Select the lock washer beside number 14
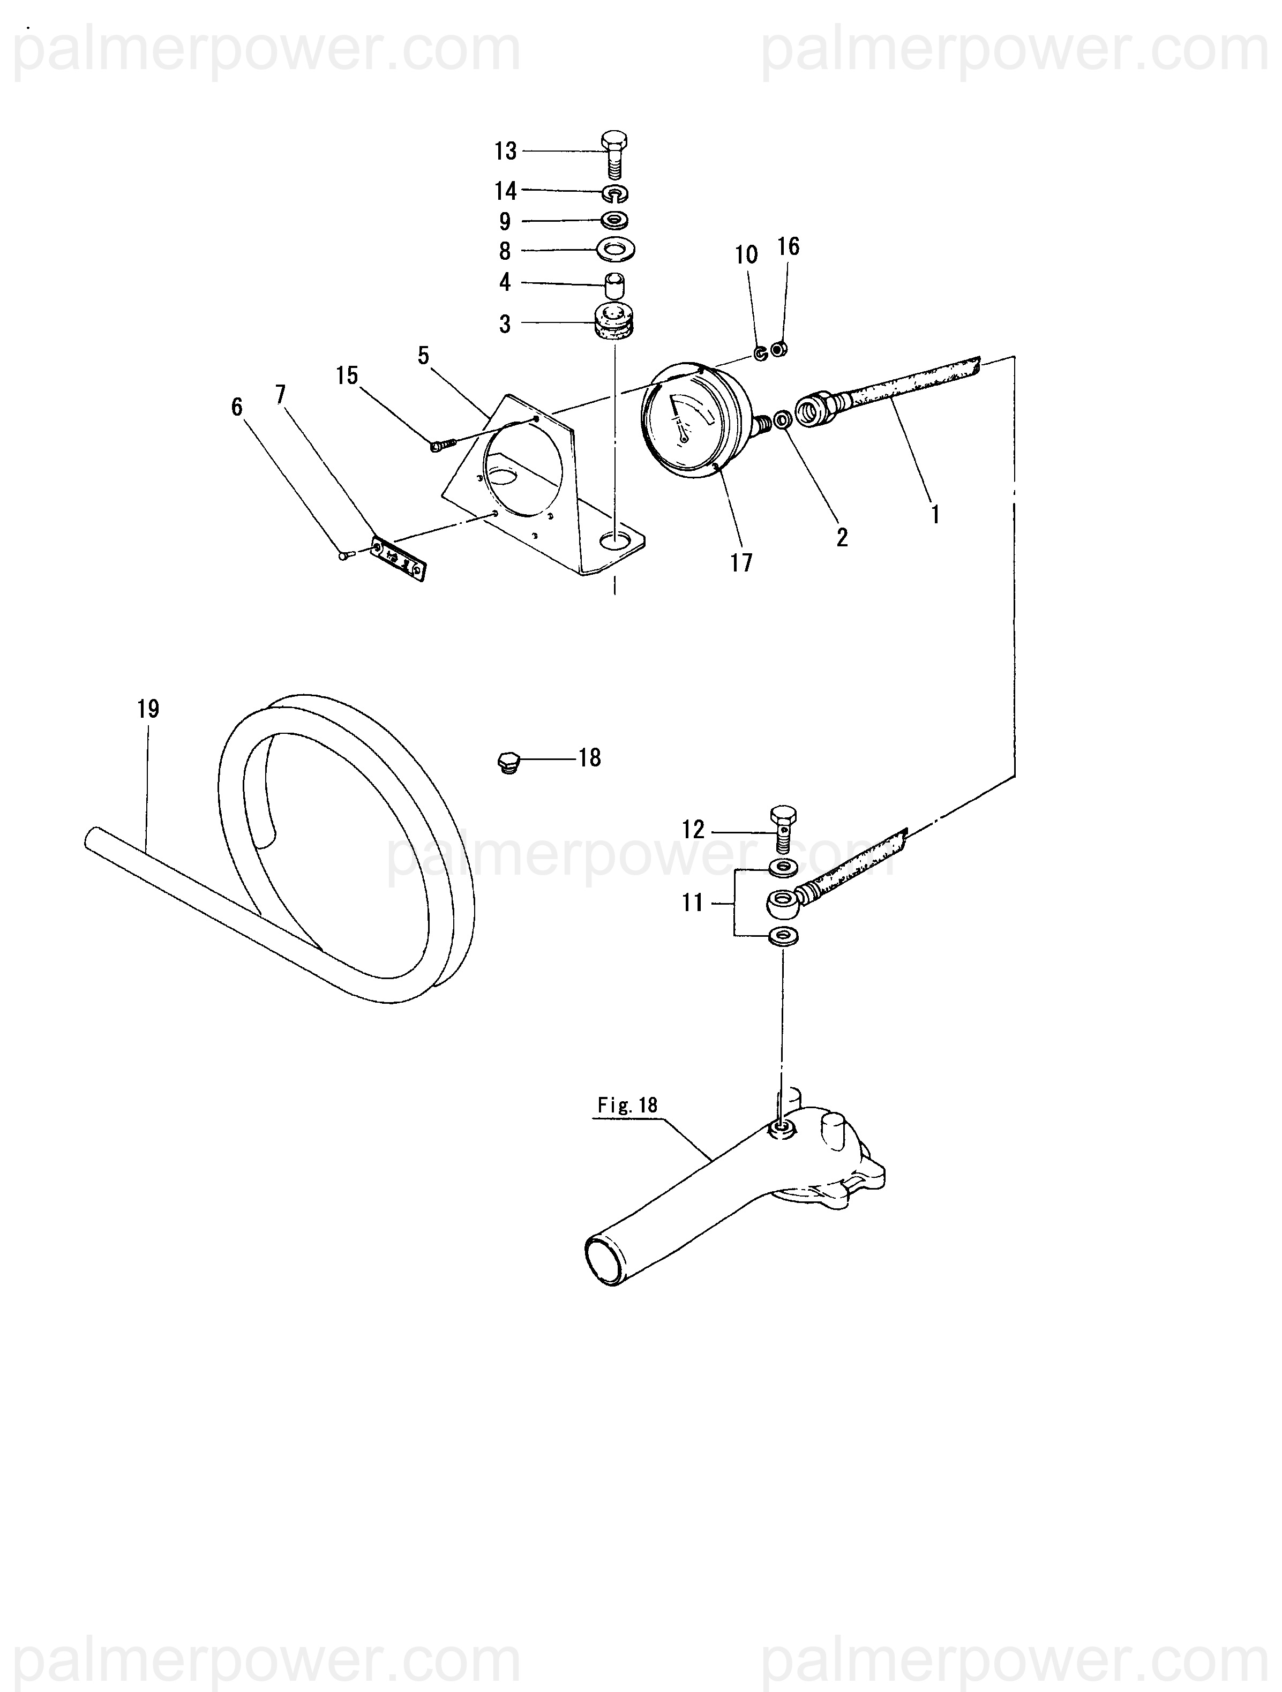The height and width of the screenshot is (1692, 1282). click(615, 193)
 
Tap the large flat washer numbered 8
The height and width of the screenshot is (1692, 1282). click(616, 250)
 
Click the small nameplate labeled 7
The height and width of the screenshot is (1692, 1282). click(398, 559)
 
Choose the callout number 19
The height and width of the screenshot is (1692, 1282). click(148, 709)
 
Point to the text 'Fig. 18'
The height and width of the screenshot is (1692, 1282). click(627, 1106)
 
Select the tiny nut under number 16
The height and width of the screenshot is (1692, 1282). click(779, 350)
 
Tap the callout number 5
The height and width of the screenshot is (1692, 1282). click(424, 356)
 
